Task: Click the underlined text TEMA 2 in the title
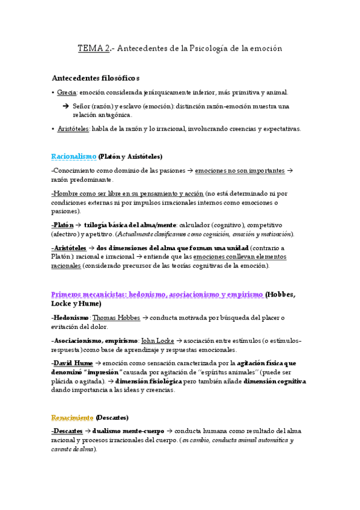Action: pos(94,48)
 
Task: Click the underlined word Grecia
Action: pos(67,93)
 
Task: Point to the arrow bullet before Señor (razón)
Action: pos(66,106)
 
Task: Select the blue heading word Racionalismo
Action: pos(74,156)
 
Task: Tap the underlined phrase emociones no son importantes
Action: pos(240,171)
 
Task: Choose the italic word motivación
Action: pos(270,233)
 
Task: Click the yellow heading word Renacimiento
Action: pos(73,417)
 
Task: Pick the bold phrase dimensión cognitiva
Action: pos(275,381)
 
